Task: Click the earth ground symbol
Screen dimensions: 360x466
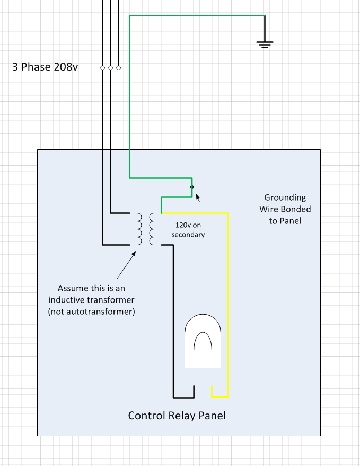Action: (x=265, y=45)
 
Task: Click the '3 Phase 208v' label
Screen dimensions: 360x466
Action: (x=45, y=67)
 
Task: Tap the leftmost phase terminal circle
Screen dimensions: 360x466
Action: (x=103, y=68)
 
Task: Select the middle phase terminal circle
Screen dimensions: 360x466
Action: (x=111, y=68)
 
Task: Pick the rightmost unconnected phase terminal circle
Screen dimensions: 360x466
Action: (x=119, y=68)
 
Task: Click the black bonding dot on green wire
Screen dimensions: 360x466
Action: (x=192, y=187)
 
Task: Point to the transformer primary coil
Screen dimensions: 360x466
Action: (x=138, y=229)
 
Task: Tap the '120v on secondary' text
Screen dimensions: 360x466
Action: (x=188, y=230)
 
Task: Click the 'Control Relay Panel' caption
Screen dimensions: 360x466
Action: (x=177, y=416)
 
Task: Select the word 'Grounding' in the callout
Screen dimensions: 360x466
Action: (x=285, y=197)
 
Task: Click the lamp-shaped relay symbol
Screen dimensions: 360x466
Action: (x=203, y=341)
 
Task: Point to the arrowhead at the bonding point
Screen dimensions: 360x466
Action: (x=197, y=197)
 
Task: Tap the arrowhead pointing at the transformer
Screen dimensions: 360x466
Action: (x=134, y=254)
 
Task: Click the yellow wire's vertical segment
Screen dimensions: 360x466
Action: (x=228, y=305)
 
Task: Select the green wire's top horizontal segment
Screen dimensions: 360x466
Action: (x=197, y=16)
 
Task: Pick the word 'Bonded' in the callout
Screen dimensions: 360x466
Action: (x=297, y=209)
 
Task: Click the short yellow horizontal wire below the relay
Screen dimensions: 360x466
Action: (x=220, y=396)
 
